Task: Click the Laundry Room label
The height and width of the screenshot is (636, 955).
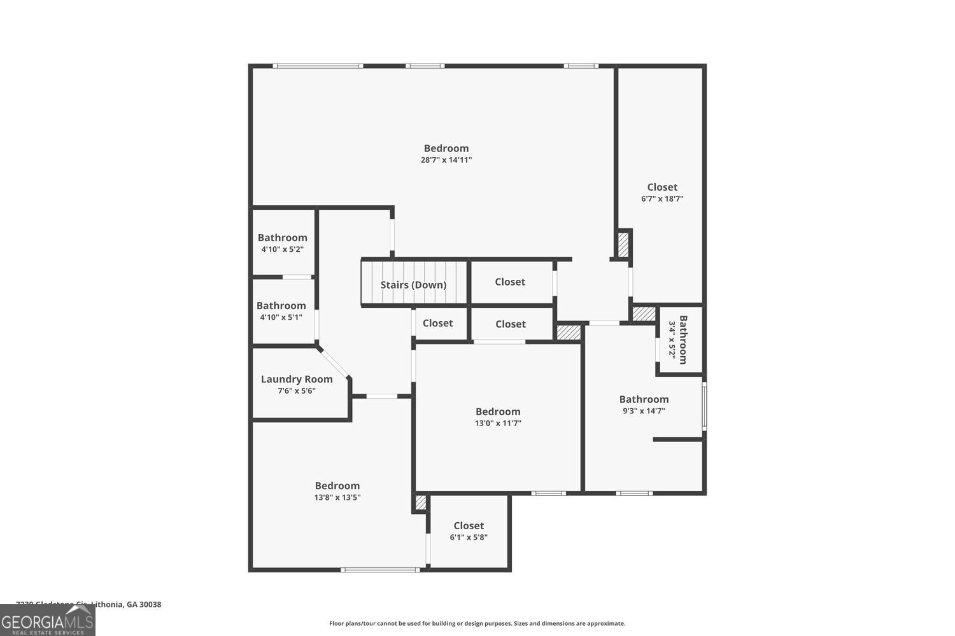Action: click(x=297, y=379)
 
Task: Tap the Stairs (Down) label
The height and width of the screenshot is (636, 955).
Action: click(x=413, y=285)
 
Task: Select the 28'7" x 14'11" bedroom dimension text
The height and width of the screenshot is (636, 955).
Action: click(x=446, y=160)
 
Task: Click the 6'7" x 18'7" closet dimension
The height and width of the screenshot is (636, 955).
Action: click(x=662, y=199)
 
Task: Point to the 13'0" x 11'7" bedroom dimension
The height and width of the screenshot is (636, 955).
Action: click(x=498, y=424)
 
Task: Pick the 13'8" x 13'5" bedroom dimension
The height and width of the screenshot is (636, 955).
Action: click(x=337, y=498)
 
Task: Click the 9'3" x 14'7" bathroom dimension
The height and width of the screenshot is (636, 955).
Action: click(x=644, y=411)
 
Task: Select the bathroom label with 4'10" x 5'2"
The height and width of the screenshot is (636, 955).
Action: click(x=282, y=238)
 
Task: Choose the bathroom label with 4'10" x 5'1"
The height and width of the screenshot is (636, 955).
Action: click(x=281, y=306)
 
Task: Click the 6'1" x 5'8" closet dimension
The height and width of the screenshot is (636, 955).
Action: click(x=469, y=537)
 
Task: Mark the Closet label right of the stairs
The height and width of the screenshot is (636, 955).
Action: click(x=510, y=282)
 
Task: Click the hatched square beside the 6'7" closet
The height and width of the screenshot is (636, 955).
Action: click(x=623, y=245)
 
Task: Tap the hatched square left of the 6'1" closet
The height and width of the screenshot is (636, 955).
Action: click(x=420, y=502)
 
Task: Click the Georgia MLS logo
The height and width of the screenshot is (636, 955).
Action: click(x=48, y=620)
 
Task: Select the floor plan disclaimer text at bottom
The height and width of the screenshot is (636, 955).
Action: click(x=477, y=624)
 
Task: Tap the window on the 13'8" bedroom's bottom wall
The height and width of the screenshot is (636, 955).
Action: click(x=380, y=570)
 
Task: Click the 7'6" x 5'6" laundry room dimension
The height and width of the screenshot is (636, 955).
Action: click(x=297, y=391)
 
